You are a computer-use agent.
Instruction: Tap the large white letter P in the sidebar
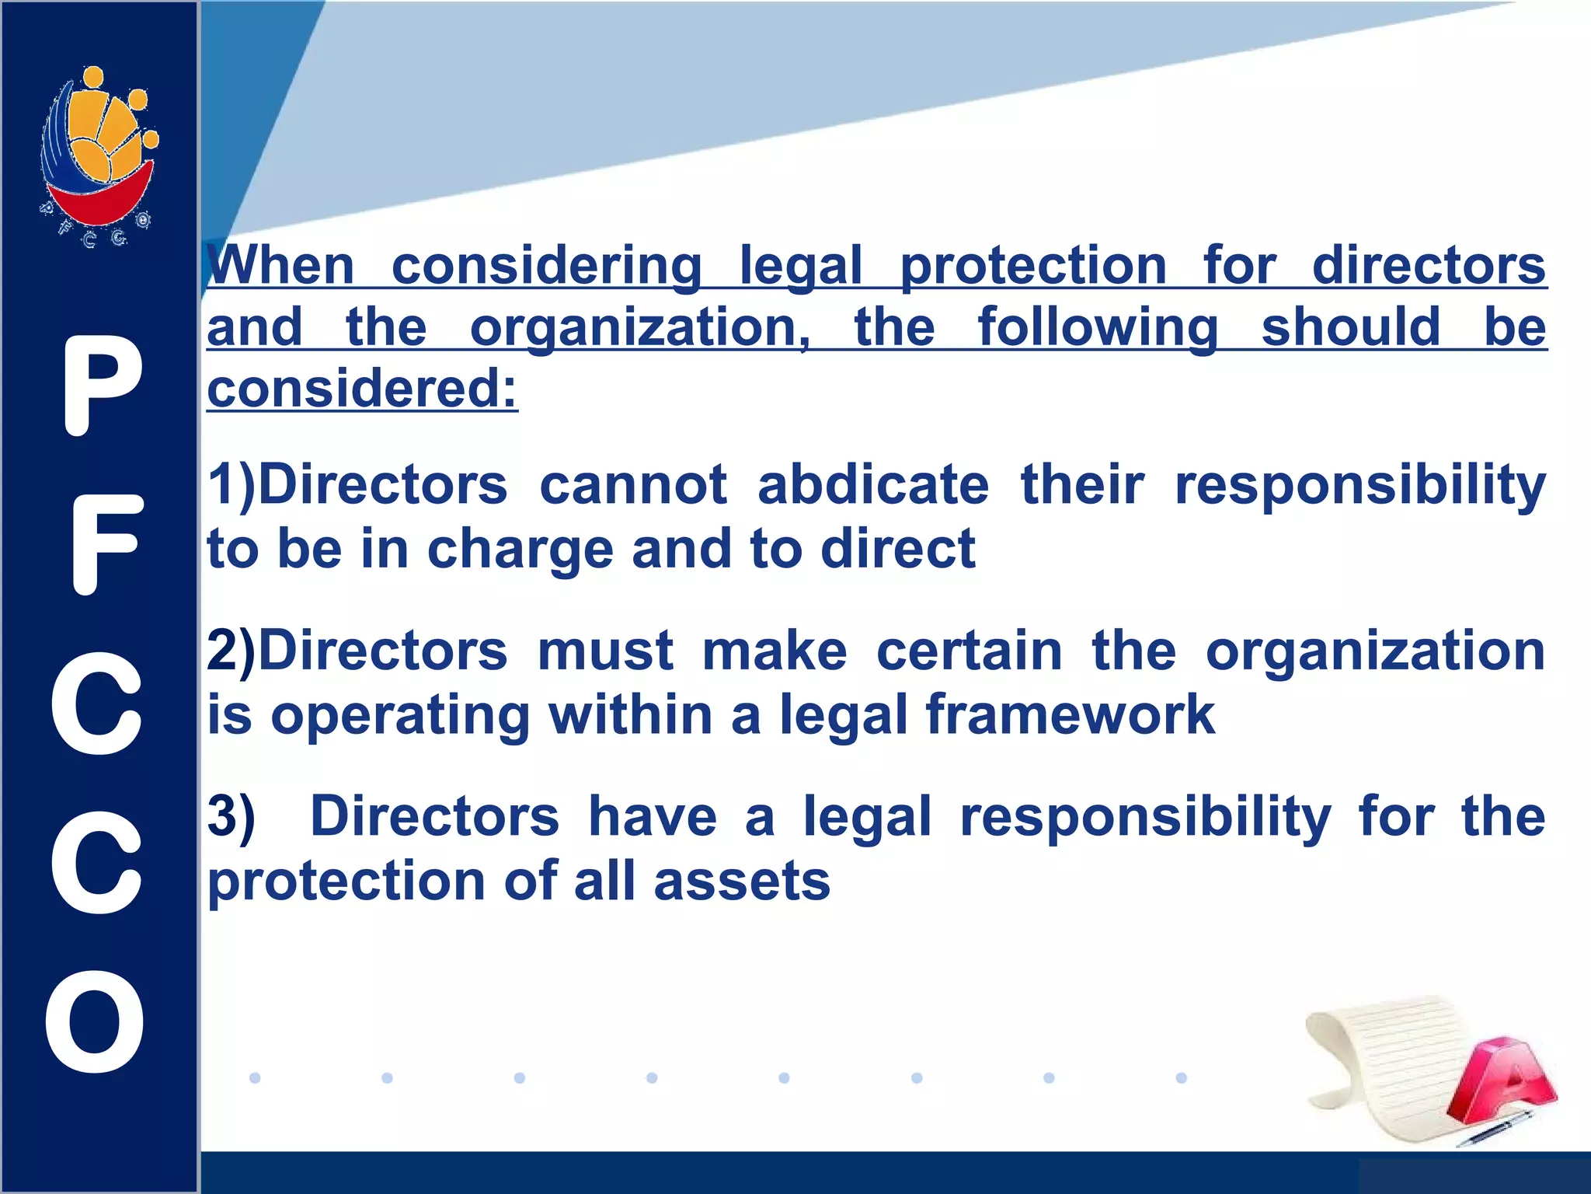(102, 386)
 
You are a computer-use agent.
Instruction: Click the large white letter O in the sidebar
(96, 1021)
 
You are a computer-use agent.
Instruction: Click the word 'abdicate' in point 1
(873, 485)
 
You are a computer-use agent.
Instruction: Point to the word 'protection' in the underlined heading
(1033, 266)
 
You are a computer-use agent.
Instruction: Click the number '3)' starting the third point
(231, 818)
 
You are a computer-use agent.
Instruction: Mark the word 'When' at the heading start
(281, 266)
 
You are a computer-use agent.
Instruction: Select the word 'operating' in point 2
(400, 717)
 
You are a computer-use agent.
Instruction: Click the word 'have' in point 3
(653, 818)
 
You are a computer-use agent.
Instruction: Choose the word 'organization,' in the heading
(641, 329)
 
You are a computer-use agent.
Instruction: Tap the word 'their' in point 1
(1082, 485)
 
